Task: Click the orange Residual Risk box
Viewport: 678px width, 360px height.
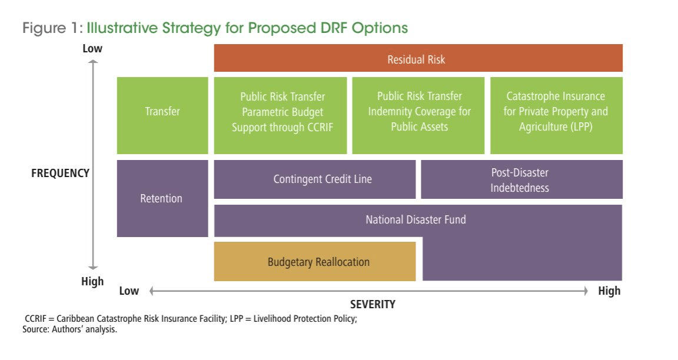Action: click(x=418, y=59)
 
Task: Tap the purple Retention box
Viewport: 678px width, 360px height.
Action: click(x=162, y=199)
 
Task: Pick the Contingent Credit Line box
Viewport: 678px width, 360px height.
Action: click(x=314, y=179)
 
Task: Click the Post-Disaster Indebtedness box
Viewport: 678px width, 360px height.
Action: click(x=521, y=179)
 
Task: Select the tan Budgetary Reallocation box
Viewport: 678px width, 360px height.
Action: click(x=314, y=262)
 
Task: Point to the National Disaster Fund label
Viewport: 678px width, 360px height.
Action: click(x=416, y=220)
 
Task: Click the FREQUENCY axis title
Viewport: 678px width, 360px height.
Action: click(x=60, y=173)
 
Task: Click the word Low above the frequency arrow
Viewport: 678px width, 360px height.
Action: click(x=92, y=48)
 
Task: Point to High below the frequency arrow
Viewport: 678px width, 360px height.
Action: click(x=92, y=281)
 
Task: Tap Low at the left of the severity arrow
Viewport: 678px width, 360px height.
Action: click(x=129, y=291)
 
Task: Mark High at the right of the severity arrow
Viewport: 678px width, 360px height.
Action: click(x=609, y=291)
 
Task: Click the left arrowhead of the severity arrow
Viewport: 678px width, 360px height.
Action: click(x=152, y=291)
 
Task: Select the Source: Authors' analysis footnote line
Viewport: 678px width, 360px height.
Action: click(x=71, y=329)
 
